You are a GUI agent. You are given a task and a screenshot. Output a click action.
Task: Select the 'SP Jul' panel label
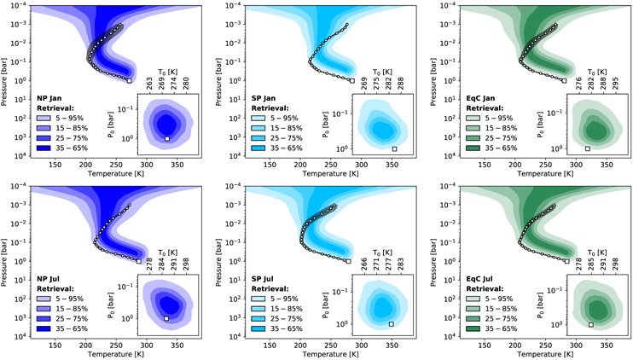coord(258,278)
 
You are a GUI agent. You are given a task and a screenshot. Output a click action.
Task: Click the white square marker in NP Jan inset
coord(168,138)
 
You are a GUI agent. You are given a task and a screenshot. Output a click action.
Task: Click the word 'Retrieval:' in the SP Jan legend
coord(266,107)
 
